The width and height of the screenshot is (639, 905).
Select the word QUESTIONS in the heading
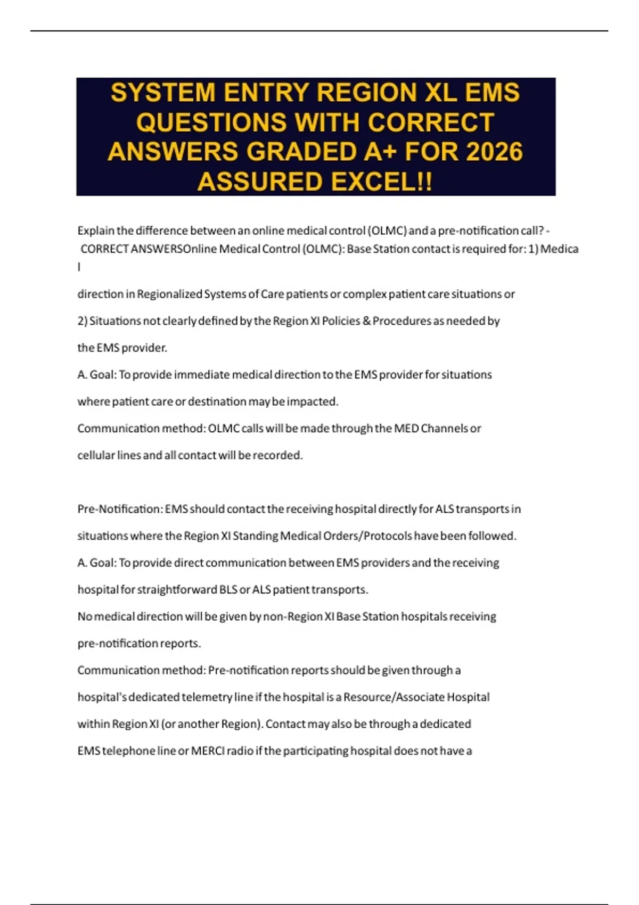click(x=211, y=122)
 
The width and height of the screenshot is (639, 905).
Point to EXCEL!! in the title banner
click(x=381, y=182)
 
